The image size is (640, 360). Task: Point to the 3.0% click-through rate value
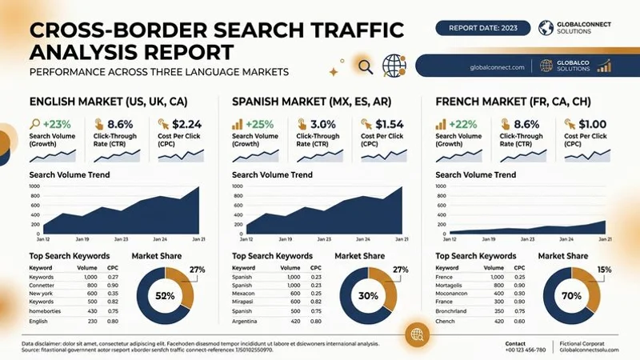[x=322, y=124]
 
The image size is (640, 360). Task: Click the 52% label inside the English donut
[x=165, y=296]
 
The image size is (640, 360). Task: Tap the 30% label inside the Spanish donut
[x=368, y=296]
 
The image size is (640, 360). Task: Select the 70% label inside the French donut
[x=571, y=296]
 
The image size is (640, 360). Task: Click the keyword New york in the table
[x=42, y=293]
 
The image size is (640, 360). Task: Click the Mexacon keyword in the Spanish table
[x=245, y=293]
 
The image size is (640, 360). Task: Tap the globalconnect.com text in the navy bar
[x=498, y=67]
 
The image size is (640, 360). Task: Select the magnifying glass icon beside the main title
[x=366, y=66]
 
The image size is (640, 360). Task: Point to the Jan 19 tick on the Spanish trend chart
[x=286, y=239]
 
